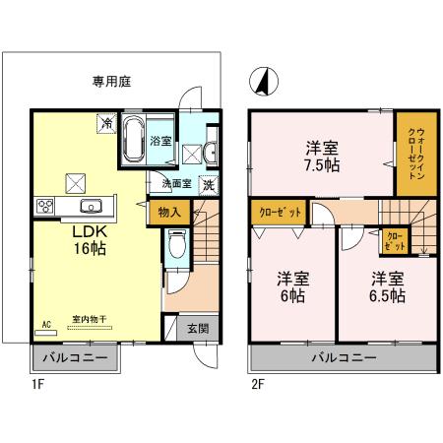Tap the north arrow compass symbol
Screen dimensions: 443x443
tap(262, 80)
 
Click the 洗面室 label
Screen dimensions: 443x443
tap(162, 183)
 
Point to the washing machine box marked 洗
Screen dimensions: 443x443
tap(208, 184)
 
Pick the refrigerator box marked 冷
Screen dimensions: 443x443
tap(105, 123)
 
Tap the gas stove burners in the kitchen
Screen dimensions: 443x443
tap(45, 206)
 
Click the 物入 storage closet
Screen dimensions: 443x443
tap(168, 211)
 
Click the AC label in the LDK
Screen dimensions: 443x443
tap(46, 323)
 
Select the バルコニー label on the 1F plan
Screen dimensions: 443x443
tap(75, 355)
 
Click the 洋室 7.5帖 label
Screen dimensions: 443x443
tap(322, 157)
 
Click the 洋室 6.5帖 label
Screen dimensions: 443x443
tap(387, 287)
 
